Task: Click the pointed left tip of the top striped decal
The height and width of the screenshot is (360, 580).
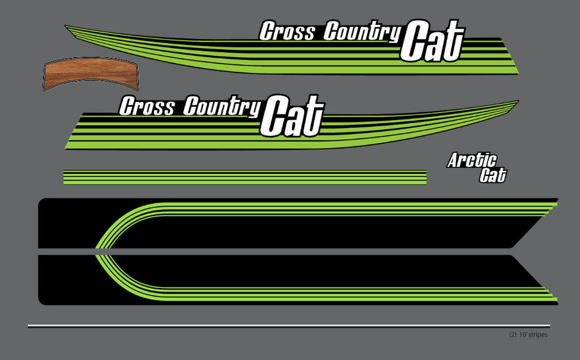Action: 66,26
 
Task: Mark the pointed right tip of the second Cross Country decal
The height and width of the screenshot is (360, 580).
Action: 518,101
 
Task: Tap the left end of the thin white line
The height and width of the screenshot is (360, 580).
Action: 28,326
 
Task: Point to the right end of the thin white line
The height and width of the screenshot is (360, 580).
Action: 549,326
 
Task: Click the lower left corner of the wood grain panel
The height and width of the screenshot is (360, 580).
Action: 44,90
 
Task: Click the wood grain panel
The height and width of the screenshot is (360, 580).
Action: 91,74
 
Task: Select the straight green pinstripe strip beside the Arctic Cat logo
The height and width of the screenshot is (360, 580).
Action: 245,177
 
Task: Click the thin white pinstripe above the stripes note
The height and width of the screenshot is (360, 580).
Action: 289,326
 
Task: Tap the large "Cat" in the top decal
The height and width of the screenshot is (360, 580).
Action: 432,41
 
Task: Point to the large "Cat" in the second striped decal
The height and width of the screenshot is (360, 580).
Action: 292,115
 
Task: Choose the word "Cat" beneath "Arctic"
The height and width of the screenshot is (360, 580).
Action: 493,175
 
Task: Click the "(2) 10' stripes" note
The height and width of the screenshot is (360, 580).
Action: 528,335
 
